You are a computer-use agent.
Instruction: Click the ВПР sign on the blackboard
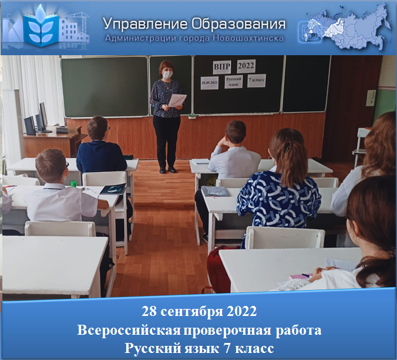222,66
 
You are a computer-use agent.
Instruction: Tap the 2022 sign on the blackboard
246,66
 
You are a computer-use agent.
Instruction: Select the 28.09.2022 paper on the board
210,83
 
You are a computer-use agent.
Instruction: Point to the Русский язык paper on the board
233,82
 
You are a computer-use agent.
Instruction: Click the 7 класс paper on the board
257,80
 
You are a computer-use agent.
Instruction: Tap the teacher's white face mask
167,75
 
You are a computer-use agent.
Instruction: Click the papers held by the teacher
177,100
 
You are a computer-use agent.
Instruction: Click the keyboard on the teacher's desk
62,130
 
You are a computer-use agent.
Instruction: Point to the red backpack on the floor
219,269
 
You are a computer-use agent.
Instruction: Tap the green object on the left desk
73,184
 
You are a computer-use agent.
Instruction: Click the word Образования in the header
238,24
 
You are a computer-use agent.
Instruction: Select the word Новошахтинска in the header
248,38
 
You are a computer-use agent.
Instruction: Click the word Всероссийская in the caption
129,331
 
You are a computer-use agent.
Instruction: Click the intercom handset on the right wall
371,98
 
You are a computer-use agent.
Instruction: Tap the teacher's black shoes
167,170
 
